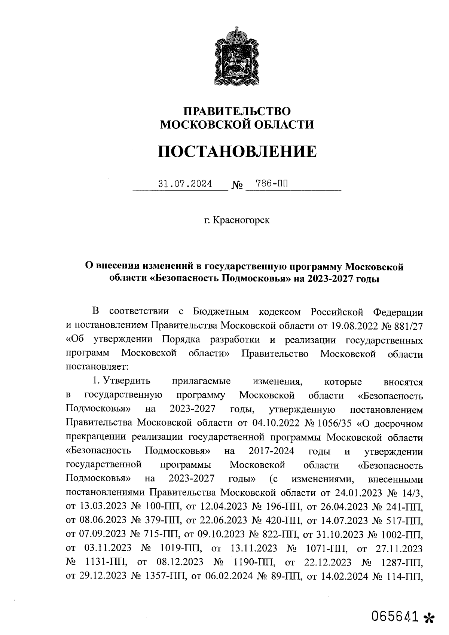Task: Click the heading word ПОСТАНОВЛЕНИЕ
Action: pos(236,152)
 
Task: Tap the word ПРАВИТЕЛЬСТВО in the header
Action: pos(236,111)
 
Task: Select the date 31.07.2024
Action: pos(185,184)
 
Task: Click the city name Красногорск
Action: pos(241,220)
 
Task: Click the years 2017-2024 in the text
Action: pos(271,451)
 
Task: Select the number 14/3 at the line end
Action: pos(411,493)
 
